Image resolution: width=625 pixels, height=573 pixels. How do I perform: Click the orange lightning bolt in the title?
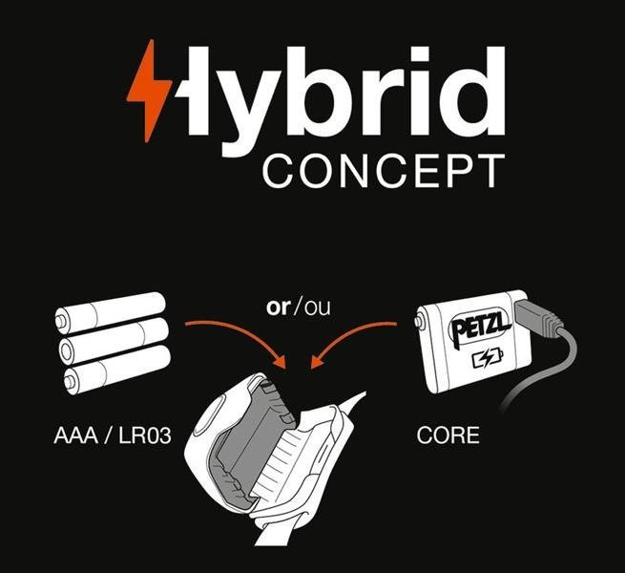point(149,89)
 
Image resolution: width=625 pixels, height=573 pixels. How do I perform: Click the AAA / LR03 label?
point(105,438)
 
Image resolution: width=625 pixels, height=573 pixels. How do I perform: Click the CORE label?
point(448,438)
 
